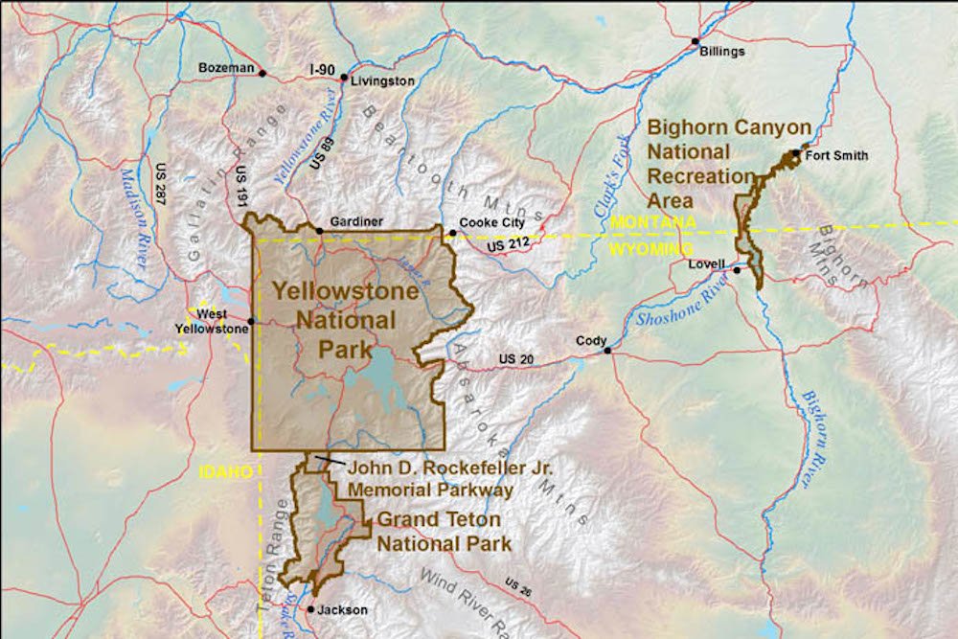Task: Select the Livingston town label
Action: click(382, 81)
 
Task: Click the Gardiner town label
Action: click(355, 221)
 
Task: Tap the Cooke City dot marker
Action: click(451, 232)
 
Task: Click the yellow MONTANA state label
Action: click(650, 222)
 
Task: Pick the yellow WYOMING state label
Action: click(650, 248)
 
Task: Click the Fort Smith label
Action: click(836, 156)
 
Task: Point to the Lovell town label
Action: click(705, 263)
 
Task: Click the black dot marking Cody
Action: click(607, 351)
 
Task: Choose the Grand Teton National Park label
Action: click(442, 532)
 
